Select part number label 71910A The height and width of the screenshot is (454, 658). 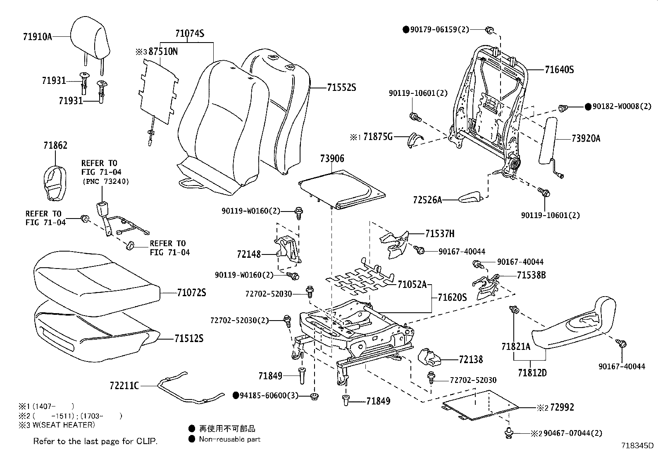tap(38, 36)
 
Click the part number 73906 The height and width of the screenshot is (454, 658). tap(331, 159)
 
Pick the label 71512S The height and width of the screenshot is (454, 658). tap(189, 339)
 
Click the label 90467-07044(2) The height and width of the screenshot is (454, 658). tap(572, 433)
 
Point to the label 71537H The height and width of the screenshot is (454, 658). tap(440, 234)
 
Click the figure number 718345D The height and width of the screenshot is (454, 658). tap(638, 446)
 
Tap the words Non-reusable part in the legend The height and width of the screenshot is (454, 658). tap(229, 439)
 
